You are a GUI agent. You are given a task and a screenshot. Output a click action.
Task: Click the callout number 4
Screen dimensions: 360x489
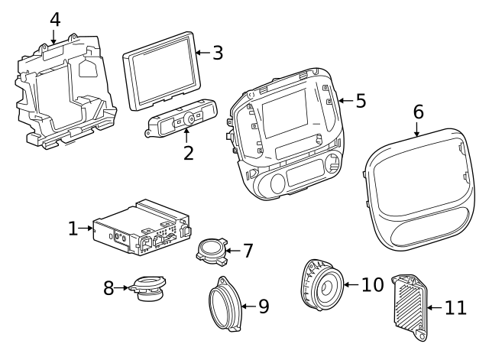pos(54,18)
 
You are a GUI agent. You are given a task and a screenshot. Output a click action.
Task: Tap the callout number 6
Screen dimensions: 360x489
pos(418,112)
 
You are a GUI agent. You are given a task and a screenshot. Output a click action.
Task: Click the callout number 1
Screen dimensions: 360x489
pos(73,228)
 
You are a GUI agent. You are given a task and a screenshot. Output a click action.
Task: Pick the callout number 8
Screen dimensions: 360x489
pos(108,288)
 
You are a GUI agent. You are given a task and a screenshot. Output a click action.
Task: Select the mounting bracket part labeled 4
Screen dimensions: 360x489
pos(65,92)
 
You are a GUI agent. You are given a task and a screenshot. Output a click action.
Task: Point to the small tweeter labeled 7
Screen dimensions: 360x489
pos(210,251)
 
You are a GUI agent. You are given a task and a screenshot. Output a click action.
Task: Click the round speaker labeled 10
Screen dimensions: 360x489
pos(322,287)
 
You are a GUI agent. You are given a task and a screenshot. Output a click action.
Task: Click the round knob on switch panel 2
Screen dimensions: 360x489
pos(187,119)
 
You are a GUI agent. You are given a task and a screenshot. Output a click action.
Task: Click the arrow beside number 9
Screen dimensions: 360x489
pos(246,306)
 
